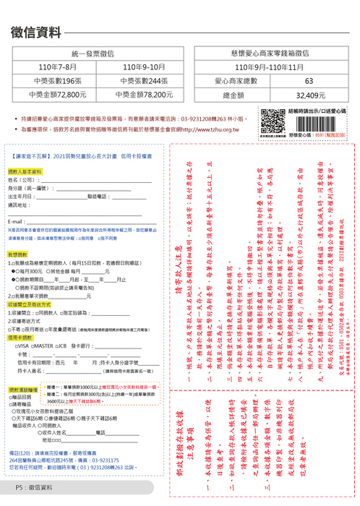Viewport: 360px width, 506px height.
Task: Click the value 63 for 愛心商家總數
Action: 309,81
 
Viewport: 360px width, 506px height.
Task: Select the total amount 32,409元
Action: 309,95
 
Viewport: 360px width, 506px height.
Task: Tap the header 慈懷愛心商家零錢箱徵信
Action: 274,54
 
